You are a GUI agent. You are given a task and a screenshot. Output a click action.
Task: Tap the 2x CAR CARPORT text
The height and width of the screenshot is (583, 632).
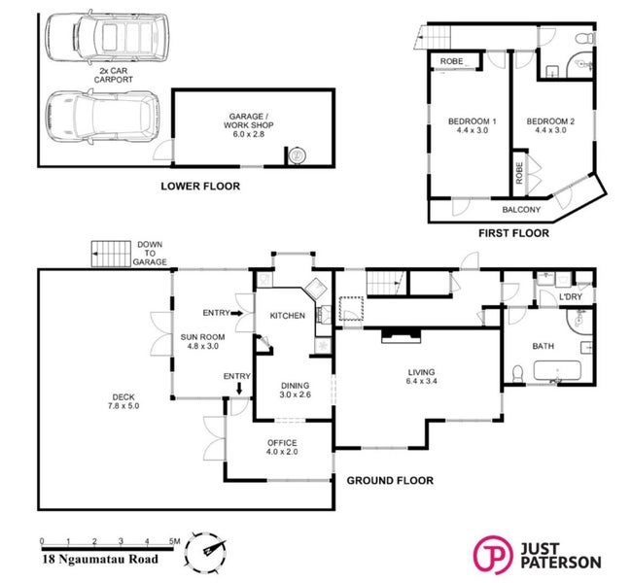(113, 76)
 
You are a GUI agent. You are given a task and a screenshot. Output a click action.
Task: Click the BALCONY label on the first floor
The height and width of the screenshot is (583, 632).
(521, 210)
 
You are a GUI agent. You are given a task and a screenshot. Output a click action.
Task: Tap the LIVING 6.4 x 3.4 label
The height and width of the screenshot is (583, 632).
(421, 376)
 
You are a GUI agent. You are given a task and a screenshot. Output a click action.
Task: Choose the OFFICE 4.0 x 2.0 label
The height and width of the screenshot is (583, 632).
(282, 447)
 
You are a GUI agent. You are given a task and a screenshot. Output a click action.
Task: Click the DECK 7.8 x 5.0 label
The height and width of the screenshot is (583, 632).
(123, 401)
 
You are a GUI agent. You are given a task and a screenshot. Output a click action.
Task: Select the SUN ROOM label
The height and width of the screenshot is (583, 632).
(203, 337)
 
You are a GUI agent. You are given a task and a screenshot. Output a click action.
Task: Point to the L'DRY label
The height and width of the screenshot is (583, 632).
(571, 297)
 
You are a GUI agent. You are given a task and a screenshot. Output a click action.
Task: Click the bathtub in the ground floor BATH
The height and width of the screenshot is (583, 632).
(557, 370)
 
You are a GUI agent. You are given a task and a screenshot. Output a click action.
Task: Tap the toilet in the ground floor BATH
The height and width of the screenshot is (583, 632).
(517, 373)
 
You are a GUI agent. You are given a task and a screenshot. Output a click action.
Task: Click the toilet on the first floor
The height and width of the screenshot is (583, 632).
(585, 39)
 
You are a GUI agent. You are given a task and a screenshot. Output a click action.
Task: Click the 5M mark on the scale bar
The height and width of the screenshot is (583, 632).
(174, 541)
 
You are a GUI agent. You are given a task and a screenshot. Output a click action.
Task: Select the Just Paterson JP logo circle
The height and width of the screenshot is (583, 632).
(493, 555)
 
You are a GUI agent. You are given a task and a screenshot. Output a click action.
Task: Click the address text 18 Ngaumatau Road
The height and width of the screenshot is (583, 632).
(100, 560)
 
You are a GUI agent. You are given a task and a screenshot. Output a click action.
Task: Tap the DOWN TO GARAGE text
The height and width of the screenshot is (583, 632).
(150, 253)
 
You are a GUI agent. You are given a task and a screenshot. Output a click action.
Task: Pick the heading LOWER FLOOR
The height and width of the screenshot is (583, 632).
(200, 187)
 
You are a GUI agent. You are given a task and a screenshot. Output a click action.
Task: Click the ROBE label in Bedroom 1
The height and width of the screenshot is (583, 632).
(451, 61)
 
